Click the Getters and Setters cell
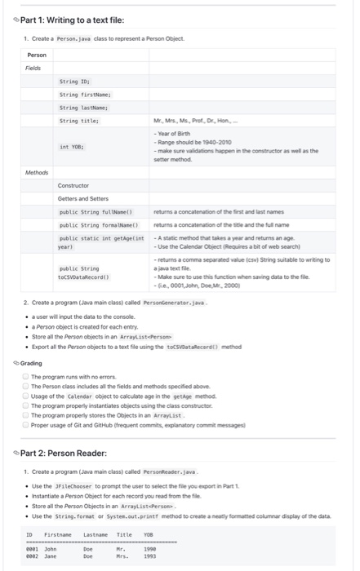[x=84, y=198]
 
